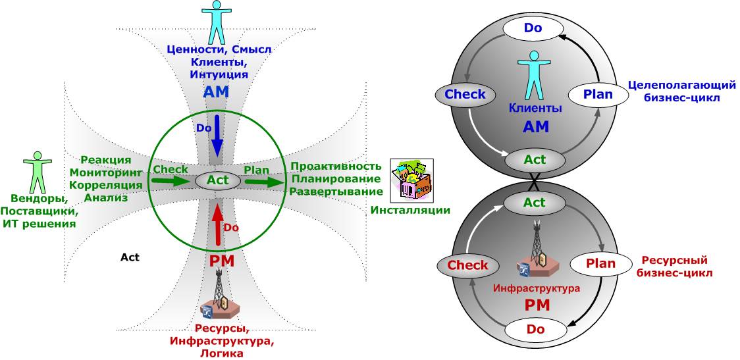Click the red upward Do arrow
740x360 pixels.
click(x=217, y=221)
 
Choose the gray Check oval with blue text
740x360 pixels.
click(x=465, y=95)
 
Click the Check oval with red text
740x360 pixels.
click(x=467, y=265)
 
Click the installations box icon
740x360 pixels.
click(x=412, y=180)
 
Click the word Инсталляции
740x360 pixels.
click(x=410, y=210)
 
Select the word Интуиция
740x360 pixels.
click(x=218, y=74)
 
